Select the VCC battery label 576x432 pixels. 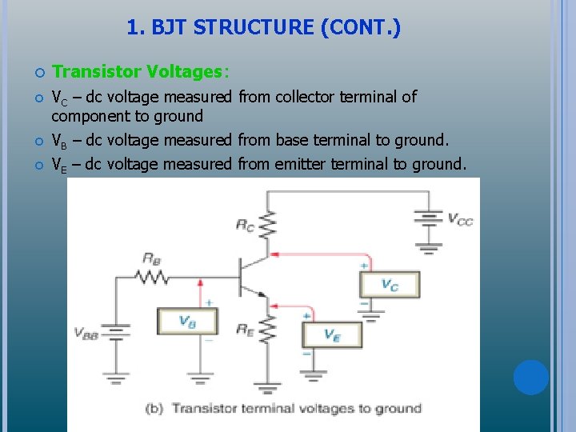click(x=459, y=218)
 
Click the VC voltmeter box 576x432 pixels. click(x=389, y=285)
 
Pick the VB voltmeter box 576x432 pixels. click(x=187, y=321)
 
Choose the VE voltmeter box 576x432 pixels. click(x=331, y=335)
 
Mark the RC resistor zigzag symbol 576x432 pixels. click(x=267, y=225)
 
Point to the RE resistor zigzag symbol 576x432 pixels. click(x=267, y=329)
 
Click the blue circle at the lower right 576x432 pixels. click(x=531, y=378)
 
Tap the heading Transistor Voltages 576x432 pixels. click(x=140, y=72)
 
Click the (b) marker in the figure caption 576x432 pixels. click(x=155, y=408)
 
